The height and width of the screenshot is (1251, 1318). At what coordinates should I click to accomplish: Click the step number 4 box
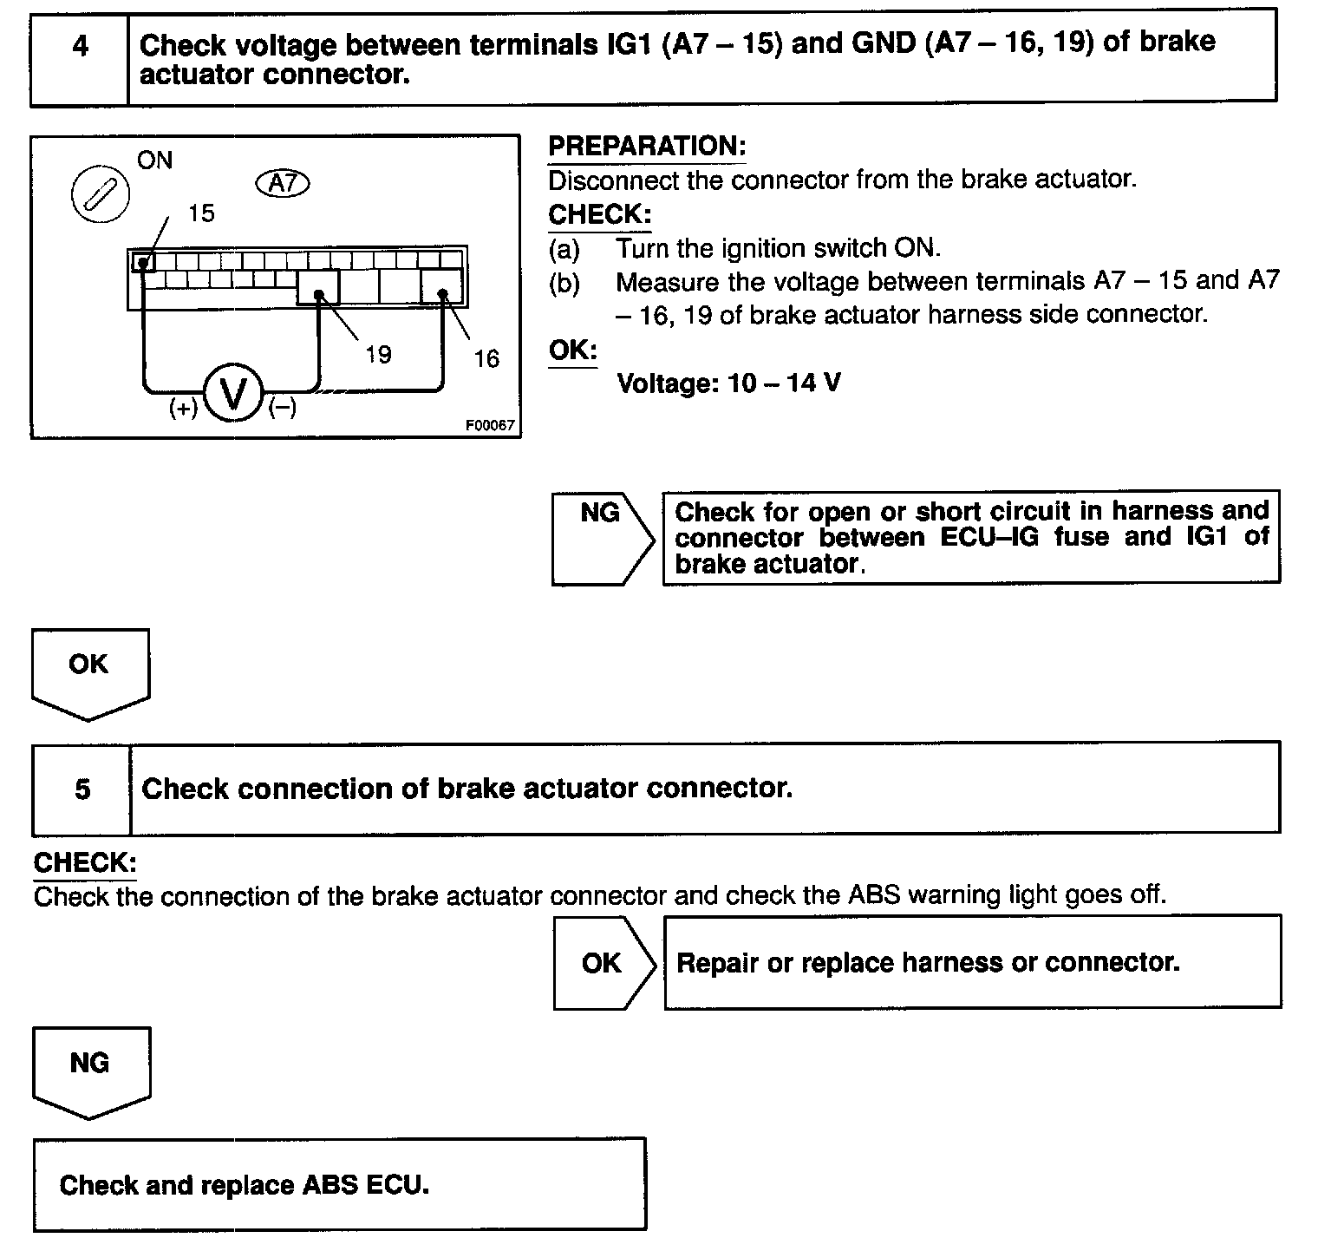[80, 57]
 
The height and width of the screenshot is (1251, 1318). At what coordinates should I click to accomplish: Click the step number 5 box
[82, 789]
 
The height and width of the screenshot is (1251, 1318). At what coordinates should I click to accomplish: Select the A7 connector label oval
[284, 183]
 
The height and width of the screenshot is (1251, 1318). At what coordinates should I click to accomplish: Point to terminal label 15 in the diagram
[201, 213]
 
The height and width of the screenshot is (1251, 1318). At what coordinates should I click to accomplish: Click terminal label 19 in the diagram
[378, 354]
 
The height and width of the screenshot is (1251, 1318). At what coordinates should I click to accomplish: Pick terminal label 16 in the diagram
[486, 358]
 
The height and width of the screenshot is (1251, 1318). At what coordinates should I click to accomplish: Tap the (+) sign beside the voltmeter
[183, 409]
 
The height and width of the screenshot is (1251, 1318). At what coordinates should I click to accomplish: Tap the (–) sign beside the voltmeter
[283, 407]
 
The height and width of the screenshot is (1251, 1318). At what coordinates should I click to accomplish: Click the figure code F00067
[490, 426]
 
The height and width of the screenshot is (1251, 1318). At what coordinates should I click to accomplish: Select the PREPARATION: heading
[647, 147]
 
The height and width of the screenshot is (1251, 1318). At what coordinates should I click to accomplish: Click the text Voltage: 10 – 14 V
[728, 383]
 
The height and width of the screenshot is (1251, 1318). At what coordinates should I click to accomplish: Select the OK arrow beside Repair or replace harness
[604, 962]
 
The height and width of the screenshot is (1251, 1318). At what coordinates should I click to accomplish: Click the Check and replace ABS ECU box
[340, 1184]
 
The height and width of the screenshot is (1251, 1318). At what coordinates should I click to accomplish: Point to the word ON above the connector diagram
[155, 160]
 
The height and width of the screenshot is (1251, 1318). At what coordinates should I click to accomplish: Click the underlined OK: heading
[573, 350]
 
